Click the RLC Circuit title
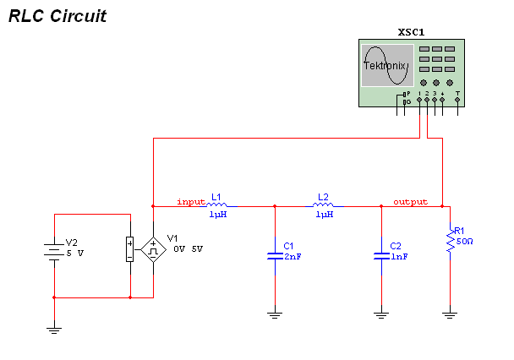[57, 16]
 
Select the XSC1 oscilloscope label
[411, 32]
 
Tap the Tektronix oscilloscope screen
[387, 66]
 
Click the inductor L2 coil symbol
[324, 205]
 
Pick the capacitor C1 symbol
[275, 254]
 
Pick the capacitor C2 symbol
[381, 254]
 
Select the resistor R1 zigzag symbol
[450, 243]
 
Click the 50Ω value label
[463, 241]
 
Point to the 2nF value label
[293, 256]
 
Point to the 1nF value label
[399, 256]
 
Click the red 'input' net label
[191, 202]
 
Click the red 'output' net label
[410, 202]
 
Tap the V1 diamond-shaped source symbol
[153, 249]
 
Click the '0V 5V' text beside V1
[188, 249]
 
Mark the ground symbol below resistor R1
[450, 315]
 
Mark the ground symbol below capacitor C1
[275, 315]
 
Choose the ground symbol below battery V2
[54, 330]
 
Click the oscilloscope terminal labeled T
[457, 99]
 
